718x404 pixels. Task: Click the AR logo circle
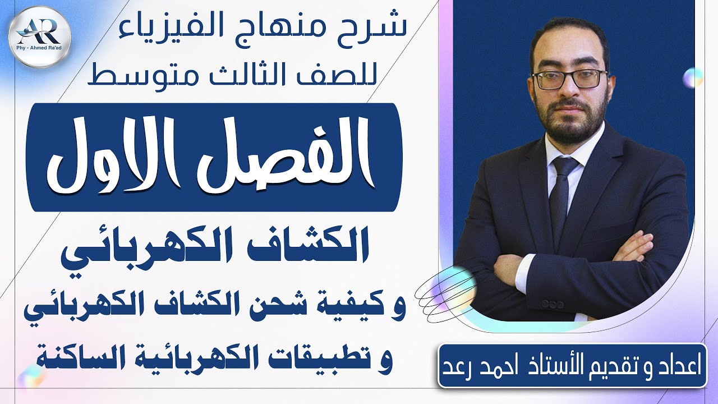click(x=40, y=37)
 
